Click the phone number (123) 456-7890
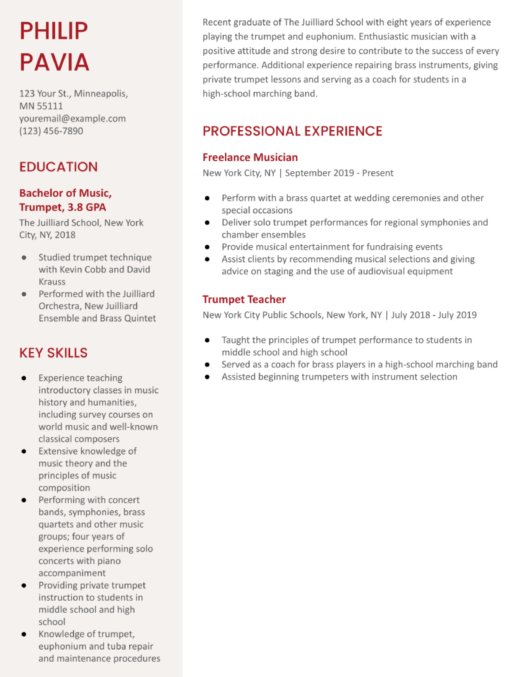click(x=51, y=131)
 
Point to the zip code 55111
click(x=50, y=106)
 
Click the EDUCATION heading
click(x=59, y=167)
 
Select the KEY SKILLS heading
click(x=53, y=353)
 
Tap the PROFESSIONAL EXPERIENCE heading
click(x=292, y=131)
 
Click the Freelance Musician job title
click(x=250, y=158)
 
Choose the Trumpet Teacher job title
click(x=244, y=300)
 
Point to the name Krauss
click(x=52, y=282)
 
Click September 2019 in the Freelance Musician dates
click(x=319, y=173)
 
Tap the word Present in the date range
click(x=377, y=173)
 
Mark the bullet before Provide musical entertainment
click(x=207, y=247)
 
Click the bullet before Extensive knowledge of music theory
click(x=24, y=451)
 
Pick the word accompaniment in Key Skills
click(x=72, y=573)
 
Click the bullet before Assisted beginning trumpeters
click(x=207, y=377)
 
